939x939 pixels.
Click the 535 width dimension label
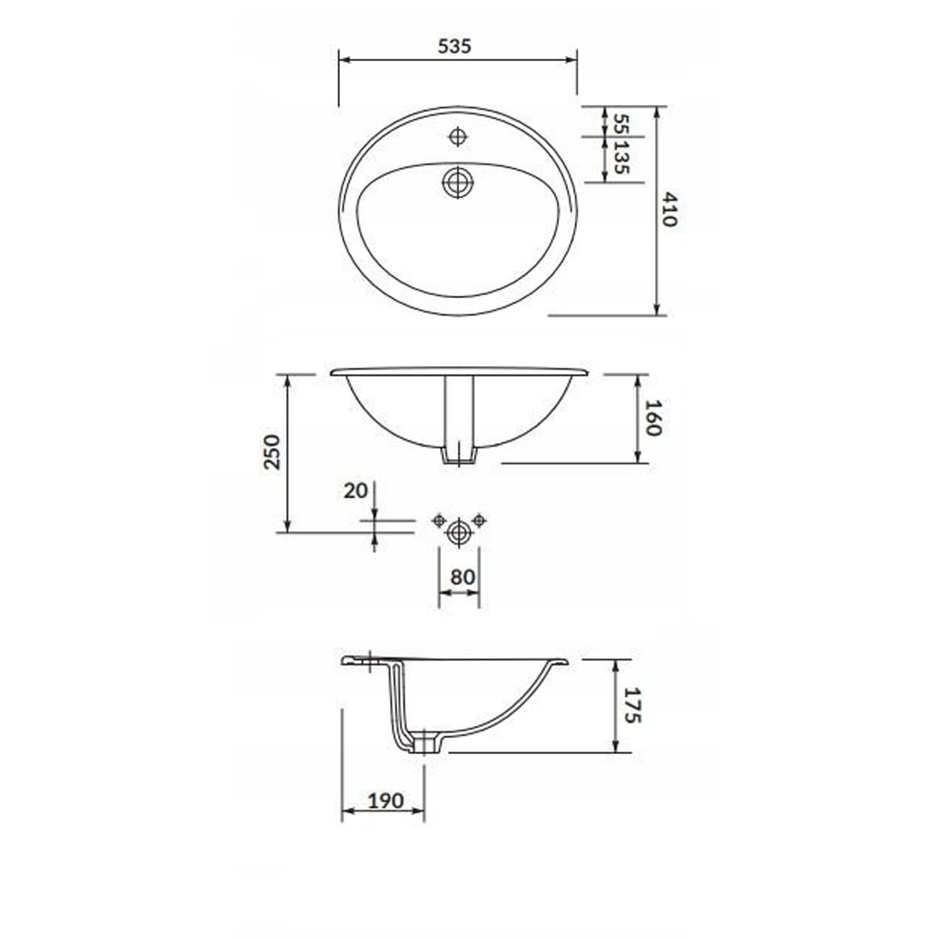click(x=454, y=46)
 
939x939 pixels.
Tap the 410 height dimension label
click(x=669, y=209)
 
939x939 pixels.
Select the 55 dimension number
click(x=621, y=123)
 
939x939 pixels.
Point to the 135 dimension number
click(x=621, y=157)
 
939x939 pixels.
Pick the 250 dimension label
click(x=272, y=452)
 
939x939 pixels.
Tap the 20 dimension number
click(x=355, y=491)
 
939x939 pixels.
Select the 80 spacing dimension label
click(x=462, y=577)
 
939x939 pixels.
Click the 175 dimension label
click(x=633, y=705)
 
